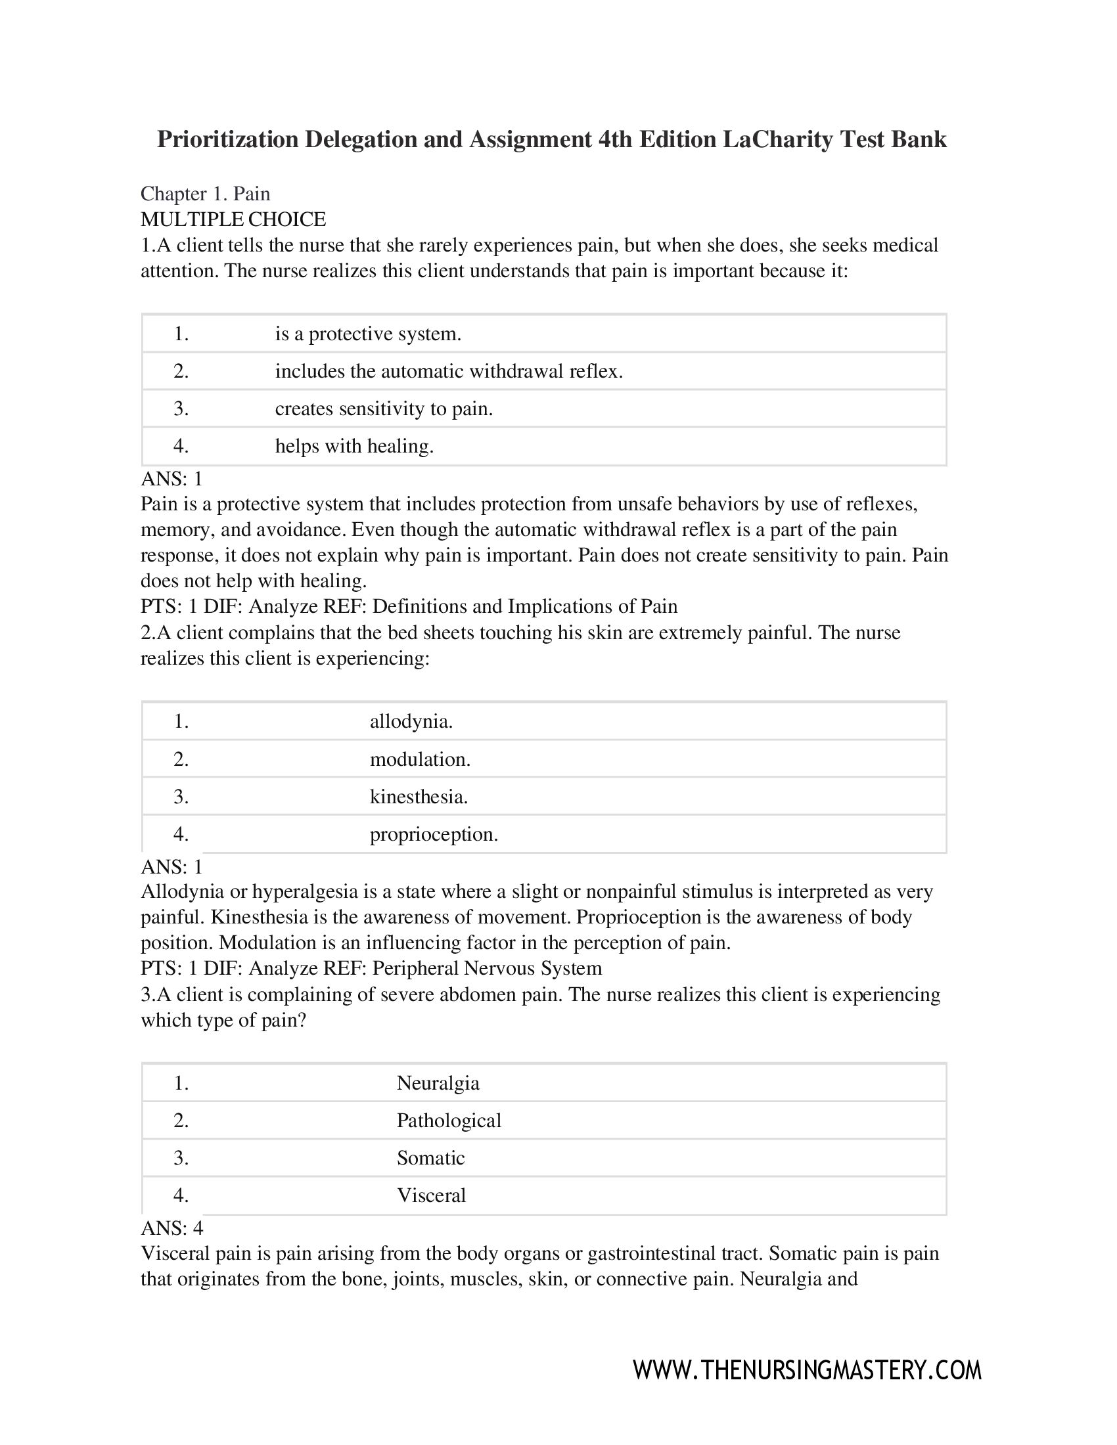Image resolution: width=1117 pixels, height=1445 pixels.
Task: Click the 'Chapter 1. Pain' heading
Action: click(x=205, y=194)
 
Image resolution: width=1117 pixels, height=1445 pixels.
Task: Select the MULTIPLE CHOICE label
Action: click(x=233, y=219)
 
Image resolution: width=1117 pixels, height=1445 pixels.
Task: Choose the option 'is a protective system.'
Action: click(x=368, y=334)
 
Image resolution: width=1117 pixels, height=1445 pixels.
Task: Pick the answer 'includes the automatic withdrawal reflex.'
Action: click(x=449, y=371)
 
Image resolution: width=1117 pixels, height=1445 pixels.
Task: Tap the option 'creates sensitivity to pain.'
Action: click(x=384, y=409)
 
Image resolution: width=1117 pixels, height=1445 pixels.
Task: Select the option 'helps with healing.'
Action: click(x=354, y=446)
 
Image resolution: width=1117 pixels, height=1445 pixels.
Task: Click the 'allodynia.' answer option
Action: click(x=411, y=721)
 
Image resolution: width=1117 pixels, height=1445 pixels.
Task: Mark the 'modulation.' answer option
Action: click(x=420, y=759)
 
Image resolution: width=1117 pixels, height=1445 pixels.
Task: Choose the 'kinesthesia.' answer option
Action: click(x=418, y=797)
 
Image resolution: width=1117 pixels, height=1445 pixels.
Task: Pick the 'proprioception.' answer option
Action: click(x=434, y=834)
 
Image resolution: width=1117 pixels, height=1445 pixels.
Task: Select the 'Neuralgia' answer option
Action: click(x=438, y=1083)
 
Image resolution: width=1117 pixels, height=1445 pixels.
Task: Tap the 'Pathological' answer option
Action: click(x=449, y=1120)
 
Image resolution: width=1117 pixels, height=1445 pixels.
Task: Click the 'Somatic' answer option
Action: click(x=430, y=1158)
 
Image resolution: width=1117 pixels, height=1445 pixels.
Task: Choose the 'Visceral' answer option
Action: click(x=431, y=1195)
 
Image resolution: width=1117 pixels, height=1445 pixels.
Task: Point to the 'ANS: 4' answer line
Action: click(x=172, y=1228)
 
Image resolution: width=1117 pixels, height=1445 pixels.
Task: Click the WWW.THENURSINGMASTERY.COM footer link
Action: click(x=807, y=1369)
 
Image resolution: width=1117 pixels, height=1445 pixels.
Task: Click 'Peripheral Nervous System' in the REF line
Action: click(x=487, y=968)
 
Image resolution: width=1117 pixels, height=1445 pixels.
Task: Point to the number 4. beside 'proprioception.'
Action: click(x=181, y=834)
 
